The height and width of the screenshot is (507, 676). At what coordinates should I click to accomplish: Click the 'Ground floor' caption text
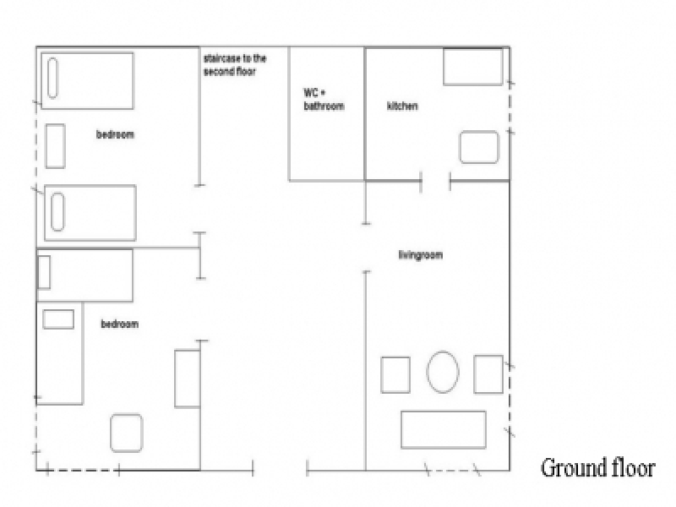(x=598, y=468)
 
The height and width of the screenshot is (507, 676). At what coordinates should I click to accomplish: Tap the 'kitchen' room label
(x=402, y=106)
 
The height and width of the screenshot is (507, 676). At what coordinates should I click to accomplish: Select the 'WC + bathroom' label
(x=324, y=99)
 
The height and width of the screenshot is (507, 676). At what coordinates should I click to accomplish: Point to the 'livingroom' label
(x=420, y=255)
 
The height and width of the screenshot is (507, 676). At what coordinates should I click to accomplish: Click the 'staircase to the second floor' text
(x=235, y=65)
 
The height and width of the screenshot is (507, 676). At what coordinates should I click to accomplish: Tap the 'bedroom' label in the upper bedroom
(x=115, y=134)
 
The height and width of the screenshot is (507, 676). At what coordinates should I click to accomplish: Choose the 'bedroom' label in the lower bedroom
(x=120, y=324)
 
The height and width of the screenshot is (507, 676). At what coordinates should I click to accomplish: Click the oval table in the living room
(x=443, y=372)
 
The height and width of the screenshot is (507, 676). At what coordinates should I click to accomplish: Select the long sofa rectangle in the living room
(x=443, y=430)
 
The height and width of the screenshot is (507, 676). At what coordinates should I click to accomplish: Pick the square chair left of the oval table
(x=395, y=374)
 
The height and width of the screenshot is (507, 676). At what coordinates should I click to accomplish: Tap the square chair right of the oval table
(x=488, y=374)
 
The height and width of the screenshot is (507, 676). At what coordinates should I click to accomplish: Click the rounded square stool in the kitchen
(x=479, y=147)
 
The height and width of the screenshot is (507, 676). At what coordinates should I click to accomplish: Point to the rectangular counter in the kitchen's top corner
(x=473, y=67)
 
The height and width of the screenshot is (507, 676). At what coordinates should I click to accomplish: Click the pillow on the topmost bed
(x=52, y=78)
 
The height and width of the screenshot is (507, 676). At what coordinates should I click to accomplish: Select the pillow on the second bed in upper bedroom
(x=57, y=212)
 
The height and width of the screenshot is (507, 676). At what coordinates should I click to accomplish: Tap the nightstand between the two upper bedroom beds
(x=56, y=145)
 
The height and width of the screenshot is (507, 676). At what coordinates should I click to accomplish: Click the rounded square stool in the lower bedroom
(x=126, y=433)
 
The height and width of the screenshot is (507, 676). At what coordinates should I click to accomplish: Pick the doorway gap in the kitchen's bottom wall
(x=435, y=181)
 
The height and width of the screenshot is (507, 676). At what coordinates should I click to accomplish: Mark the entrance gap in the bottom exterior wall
(x=280, y=469)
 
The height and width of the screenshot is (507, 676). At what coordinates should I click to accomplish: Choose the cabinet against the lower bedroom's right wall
(x=188, y=379)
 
